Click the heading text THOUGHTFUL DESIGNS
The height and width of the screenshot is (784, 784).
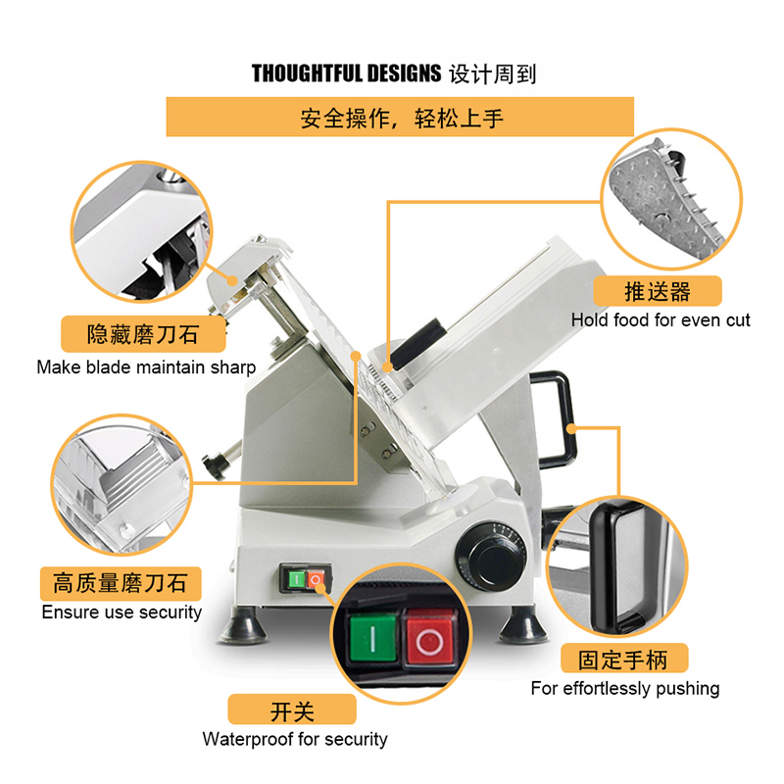pos(346,73)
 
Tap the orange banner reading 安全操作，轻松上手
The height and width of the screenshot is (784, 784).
pos(400,119)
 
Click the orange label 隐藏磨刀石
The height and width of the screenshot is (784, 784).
pos(142,333)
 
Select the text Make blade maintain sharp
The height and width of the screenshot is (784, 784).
pos(146,368)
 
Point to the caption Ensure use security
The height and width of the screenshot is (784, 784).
pos(122,612)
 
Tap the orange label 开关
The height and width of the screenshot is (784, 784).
pos(291,710)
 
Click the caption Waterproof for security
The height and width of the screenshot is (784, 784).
pos(295,739)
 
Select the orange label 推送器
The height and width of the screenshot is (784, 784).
pos(658,291)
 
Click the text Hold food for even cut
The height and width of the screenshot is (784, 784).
pos(661,320)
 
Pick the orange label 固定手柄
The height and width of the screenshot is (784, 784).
pos(624,658)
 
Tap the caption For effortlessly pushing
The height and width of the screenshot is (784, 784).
pos(624,689)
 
